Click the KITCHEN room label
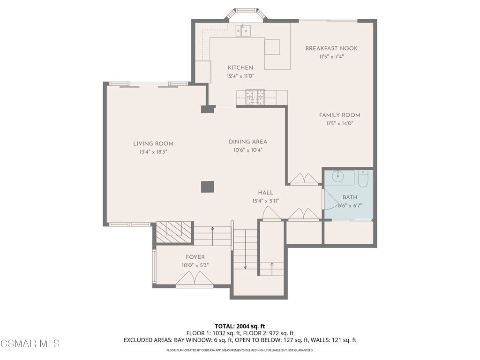pos(240,67)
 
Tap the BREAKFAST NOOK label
pos(331,48)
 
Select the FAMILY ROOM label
pos(339,115)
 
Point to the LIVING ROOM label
pos(153,144)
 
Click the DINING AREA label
pos(248,142)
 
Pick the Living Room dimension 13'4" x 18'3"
pos(153,152)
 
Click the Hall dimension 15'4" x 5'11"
pos(265,201)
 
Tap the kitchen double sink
pos(243,31)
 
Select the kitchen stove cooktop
pos(255,97)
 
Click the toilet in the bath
pos(363,178)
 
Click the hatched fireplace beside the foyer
pos(174,232)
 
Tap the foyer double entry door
pos(194,280)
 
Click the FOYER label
pos(195,257)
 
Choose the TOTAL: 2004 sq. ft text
pos(240,326)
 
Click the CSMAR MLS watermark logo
pos(30,344)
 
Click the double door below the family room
pos(304,179)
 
